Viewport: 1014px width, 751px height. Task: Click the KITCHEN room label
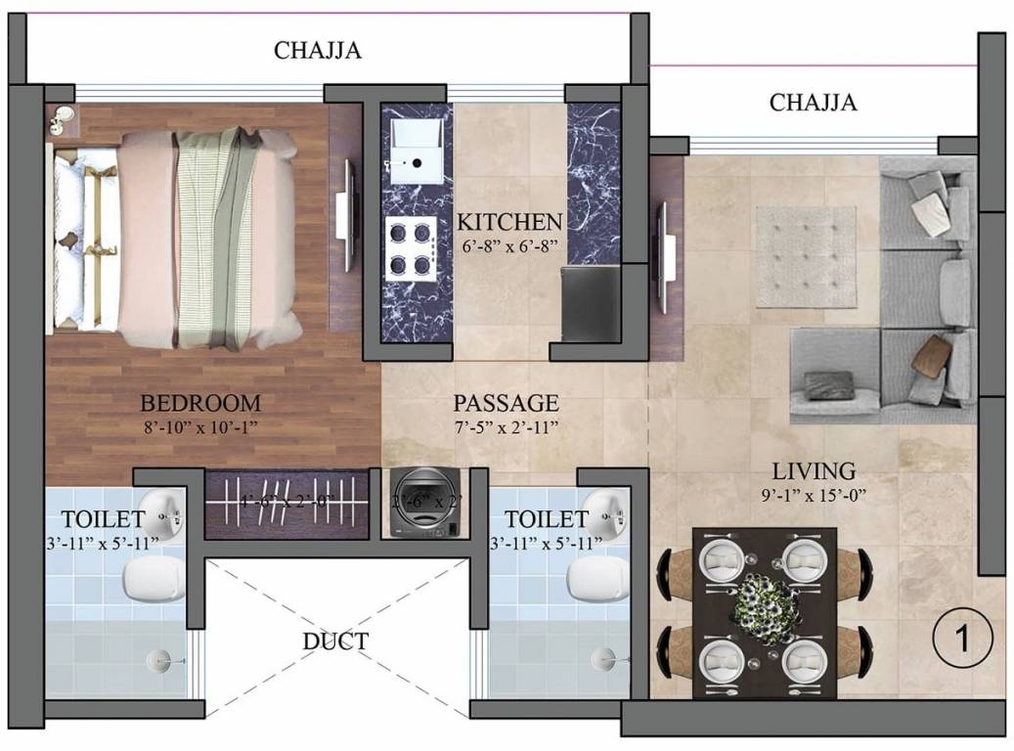(510, 222)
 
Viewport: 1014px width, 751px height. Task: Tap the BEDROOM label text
(200, 403)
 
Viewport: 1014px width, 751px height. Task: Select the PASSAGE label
(507, 403)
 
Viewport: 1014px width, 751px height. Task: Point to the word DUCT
(335, 641)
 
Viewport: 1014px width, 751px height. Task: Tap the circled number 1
(962, 640)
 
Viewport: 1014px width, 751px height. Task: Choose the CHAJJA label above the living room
(813, 103)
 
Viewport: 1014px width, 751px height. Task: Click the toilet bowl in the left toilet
(154, 579)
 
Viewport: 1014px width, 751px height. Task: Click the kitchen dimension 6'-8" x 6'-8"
(510, 247)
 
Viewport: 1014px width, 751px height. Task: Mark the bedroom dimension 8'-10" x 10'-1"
(200, 427)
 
